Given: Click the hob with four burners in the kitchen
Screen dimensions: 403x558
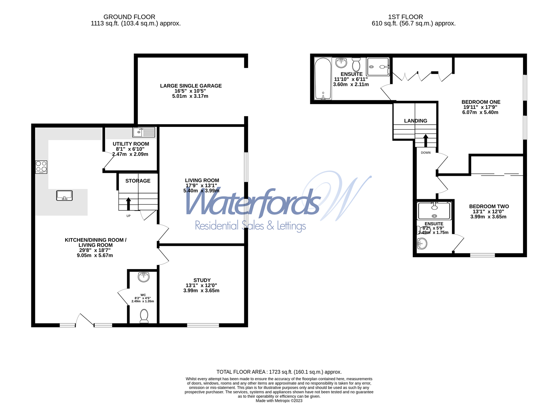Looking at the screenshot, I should pyautogui.click(x=41, y=167).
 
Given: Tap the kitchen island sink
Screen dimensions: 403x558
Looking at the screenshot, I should pyautogui.click(x=64, y=195).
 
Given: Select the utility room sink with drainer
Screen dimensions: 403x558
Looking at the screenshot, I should pyautogui.click(x=144, y=132).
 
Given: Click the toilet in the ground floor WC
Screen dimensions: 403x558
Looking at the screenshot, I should pyautogui.click(x=144, y=316).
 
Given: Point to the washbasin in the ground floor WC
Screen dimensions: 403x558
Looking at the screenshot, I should pyautogui.click(x=143, y=277).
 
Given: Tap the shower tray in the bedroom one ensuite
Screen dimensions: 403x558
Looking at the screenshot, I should pyautogui.click(x=378, y=67).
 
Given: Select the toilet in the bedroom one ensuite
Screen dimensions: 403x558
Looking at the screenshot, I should pyautogui.click(x=356, y=64).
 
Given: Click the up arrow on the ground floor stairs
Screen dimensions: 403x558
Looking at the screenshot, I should pyautogui.click(x=129, y=204).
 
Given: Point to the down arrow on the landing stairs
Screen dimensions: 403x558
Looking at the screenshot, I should pyautogui.click(x=425, y=141).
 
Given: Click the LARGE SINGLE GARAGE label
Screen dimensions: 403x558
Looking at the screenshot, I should pyautogui.click(x=191, y=86).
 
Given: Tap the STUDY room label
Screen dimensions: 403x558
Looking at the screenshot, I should pyautogui.click(x=202, y=280).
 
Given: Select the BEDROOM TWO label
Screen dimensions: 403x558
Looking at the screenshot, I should pyautogui.click(x=489, y=206).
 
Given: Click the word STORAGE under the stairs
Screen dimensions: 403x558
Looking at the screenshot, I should pyautogui.click(x=138, y=181).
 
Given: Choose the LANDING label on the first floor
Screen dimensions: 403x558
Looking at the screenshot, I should pyautogui.click(x=416, y=121).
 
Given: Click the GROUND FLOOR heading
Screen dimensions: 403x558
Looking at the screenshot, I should pyautogui.click(x=129, y=17).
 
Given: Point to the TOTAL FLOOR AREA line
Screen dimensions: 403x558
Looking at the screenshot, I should pyautogui.click(x=279, y=372).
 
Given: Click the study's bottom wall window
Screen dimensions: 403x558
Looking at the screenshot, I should pyautogui.click(x=203, y=325).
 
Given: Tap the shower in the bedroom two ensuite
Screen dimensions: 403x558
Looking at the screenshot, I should pyautogui.click(x=434, y=211).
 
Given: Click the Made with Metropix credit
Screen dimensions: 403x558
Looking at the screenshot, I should pyautogui.click(x=279, y=401).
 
